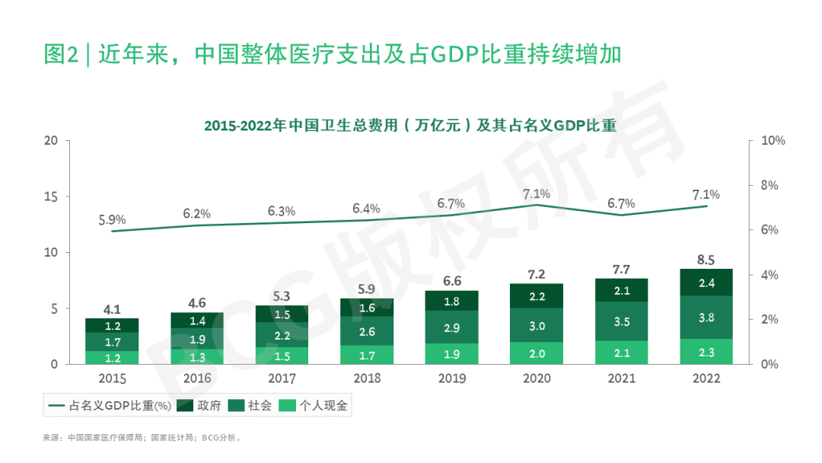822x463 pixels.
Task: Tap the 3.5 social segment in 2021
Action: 622,321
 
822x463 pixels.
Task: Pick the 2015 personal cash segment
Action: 113,357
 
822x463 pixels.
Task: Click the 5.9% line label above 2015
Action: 112,220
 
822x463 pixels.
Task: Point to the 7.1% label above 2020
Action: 537,193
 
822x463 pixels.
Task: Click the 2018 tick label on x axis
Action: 367,378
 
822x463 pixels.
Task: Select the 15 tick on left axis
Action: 52,196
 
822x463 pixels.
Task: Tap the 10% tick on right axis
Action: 773,141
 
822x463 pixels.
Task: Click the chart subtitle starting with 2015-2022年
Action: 409,126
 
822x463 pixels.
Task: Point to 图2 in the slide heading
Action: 62,55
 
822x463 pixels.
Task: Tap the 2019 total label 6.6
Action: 452,280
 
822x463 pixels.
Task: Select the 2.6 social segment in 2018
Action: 367,331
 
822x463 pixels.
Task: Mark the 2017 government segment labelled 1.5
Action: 282,315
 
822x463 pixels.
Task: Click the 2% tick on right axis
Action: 769,319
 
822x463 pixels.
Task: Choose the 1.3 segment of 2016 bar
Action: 197,356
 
